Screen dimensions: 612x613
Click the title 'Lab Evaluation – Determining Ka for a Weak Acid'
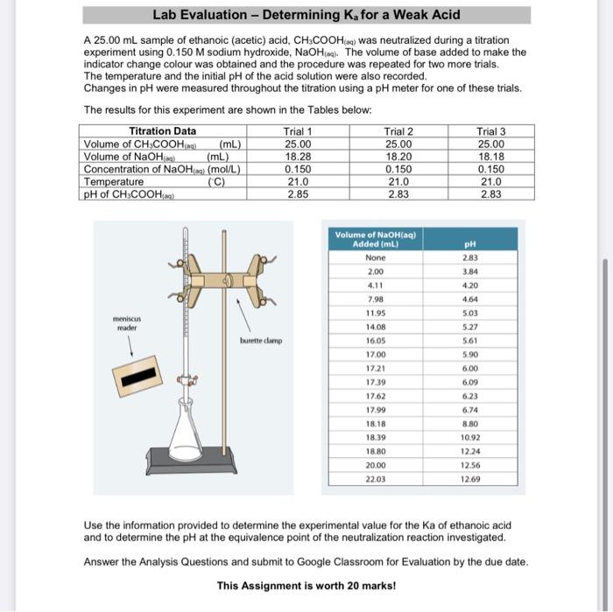click(x=306, y=15)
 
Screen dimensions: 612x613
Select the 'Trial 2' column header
click(x=398, y=131)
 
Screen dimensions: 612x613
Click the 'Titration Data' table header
click(x=162, y=131)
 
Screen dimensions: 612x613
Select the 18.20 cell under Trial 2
click(x=398, y=157)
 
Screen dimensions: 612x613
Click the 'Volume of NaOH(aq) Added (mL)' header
click(x=376, y=238)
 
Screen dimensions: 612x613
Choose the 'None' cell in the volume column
click(x=375, y=258)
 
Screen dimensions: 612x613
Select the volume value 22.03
click(x=375, y=480)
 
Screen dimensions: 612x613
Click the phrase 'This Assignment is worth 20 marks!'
click(x=306, y=586)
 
